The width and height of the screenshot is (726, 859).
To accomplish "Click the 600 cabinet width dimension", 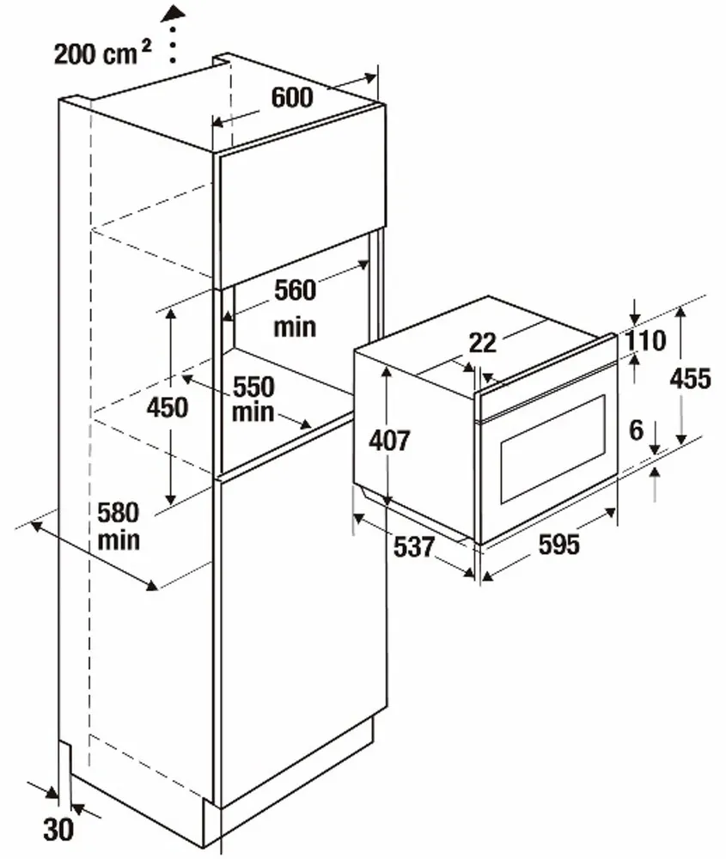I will click(292, 97).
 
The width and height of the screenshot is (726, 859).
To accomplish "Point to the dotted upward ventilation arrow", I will click(174, 34).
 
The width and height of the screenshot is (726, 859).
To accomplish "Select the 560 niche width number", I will click(295, 290).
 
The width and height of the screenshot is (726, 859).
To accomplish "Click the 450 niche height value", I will click(167, 406).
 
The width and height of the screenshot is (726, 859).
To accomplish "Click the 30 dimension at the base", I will click(58, 829).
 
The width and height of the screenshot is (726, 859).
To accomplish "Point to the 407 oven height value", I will click(389, 441).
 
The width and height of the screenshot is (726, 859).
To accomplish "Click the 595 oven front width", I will click(558, 545).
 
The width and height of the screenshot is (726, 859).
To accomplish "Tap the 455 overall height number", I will click(688, 378).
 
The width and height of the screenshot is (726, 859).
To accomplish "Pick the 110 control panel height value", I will click(645, 341).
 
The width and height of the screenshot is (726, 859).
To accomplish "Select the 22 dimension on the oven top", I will click(484, 343).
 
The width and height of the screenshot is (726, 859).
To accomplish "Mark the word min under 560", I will click(295, 326).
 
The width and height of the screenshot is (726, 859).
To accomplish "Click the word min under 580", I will click(119, 541).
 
